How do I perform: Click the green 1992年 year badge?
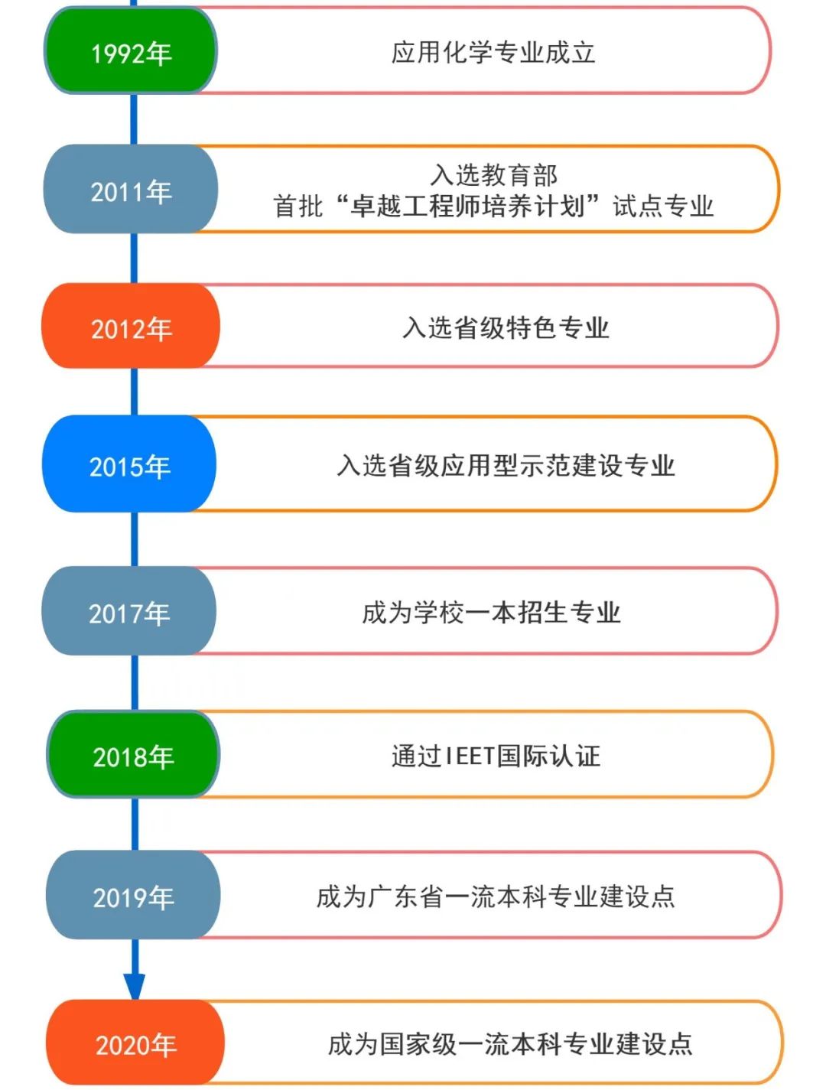(x=131, y=52)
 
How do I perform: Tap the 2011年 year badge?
(x=131, y=190)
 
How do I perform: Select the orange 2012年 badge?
(x=131, y=327)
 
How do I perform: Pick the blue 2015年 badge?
(x=129, y=465)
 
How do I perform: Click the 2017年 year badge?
(x=129, y=612)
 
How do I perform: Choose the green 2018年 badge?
(x=133, y=756)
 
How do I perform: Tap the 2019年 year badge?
(x=133, y=896)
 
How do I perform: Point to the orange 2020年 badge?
(x=135, y=1043)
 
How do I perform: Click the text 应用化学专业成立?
(x=493, y=52)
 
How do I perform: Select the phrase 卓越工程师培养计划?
(x=467, y=206)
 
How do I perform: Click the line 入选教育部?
(x=494, y=175)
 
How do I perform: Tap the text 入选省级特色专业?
(x=506, y=327)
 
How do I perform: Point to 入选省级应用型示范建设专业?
(x=506, y=465)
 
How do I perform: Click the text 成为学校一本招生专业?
(x=491, y=612)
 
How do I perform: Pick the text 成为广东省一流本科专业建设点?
(x=496, y=896)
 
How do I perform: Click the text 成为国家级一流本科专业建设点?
(x=510, y=1043)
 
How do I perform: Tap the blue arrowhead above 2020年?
(x=135, y=986)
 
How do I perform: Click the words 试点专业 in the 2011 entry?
(x=663, y=206)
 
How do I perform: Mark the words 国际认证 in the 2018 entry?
(x=548, y=756)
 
